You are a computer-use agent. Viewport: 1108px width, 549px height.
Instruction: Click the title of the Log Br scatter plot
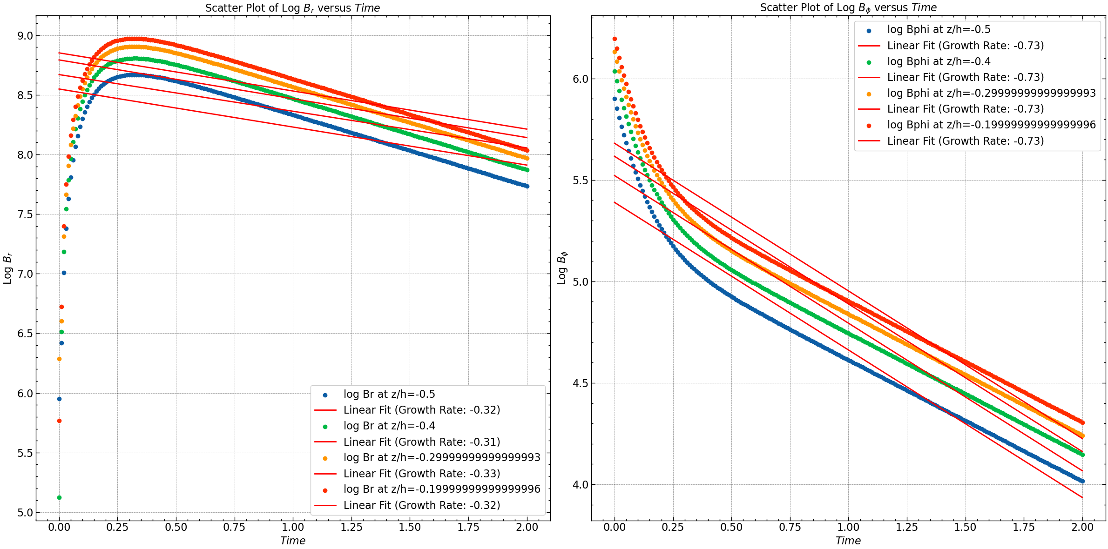pyautogui.click(x=292, y=8)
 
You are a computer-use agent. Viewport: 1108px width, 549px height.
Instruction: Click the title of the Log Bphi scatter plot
pyautogui.click(x=848, y=7)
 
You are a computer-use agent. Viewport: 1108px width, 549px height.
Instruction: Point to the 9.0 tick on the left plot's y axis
pyautogui.click(x=24, y=36)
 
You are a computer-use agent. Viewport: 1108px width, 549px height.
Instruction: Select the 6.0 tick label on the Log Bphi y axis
pyautogui.click(x=580, y=79)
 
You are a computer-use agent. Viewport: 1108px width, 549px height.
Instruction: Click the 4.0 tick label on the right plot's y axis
pyautogui.click(x=580, y=485)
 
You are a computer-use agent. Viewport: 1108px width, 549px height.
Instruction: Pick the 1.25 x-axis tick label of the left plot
pyautogui.click(x=351, y=527)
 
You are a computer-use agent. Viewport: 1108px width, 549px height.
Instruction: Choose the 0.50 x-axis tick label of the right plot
pyautogui.click(x=731, y=527)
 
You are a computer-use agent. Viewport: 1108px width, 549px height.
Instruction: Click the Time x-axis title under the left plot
pyautogui.click(x=292, y=541)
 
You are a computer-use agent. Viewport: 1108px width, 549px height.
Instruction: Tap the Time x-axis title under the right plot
pyautogui.click(x=848, y=541)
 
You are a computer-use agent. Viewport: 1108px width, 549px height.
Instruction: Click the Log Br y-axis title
pyautogui.click(x=7, y=268)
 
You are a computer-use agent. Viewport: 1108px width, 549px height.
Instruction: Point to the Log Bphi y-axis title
pyautogui.click(x=562, y=268)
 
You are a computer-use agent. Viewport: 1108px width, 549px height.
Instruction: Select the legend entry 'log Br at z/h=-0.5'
pyautogui.click(x=389, y=394)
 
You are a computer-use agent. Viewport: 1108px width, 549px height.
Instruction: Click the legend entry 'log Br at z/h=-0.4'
pyautogui.click(x=389, y=426)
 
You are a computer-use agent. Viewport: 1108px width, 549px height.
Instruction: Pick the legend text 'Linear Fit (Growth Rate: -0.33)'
pyautogui.click(x=422, y=474)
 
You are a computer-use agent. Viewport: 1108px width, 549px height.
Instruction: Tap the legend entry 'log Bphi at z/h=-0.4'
pyautogui.click(x=939, y=61)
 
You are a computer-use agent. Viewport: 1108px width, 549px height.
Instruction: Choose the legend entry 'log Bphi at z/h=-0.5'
pyautogui.click(x=939, y=29)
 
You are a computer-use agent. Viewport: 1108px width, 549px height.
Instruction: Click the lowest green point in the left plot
pyautogui.click(x=59, y=497)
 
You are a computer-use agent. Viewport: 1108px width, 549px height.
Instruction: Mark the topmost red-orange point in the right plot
pyautogui.click(x=615, y=39)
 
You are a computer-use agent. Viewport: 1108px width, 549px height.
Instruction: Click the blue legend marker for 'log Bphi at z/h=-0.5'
pyautogui.click(x=869, y=31)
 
